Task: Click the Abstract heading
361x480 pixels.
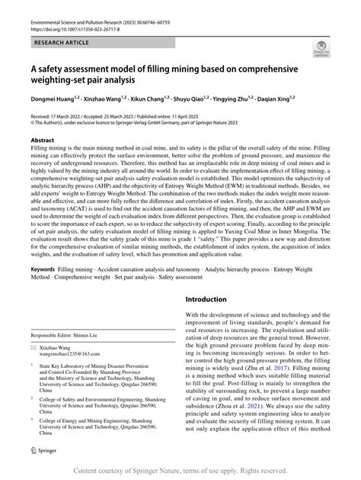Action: (x=43, y=140)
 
